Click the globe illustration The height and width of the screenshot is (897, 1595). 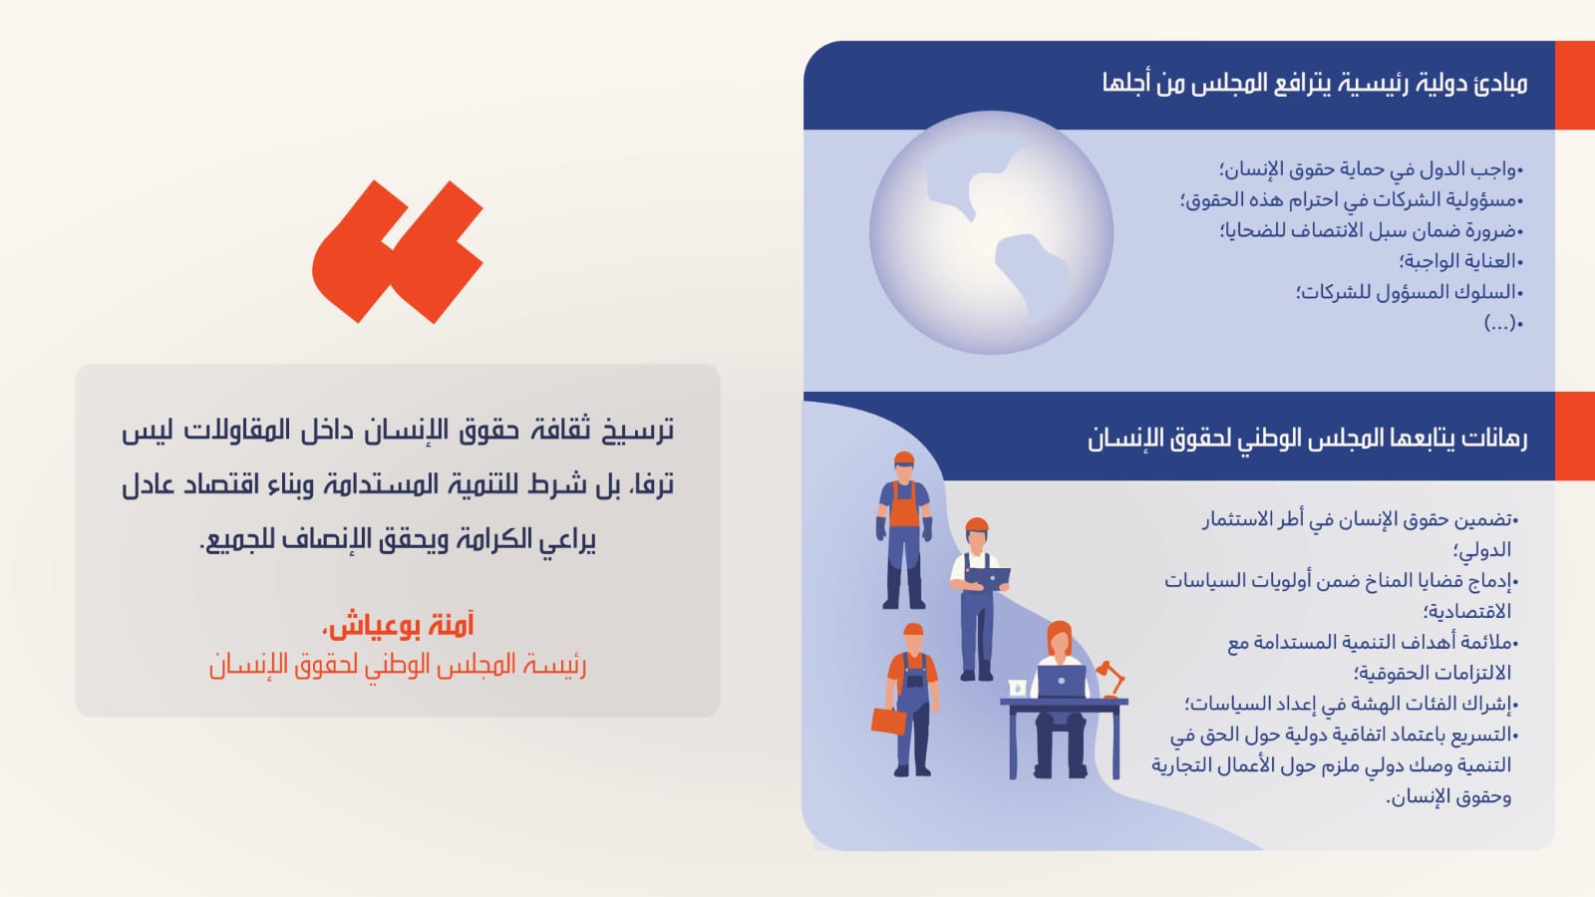(991, 233)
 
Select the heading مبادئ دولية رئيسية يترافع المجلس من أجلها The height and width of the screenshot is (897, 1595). (1315, 84)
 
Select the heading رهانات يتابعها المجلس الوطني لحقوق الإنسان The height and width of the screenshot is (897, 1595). (1307, 439)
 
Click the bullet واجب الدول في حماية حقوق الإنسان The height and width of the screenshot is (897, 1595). (1372, 169)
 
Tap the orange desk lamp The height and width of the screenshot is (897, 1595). (1111, 679)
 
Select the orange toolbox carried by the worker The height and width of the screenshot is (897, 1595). (888, 721)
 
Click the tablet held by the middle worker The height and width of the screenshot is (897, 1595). (990, 577)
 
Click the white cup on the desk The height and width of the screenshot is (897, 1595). (1017, 688)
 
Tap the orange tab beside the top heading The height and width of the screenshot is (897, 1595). (1574, 85)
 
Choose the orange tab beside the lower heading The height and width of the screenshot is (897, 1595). (1574, 436)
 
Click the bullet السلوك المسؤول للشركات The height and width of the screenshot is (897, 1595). (1410, 293)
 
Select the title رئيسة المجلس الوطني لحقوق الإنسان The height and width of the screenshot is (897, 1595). (398, 666)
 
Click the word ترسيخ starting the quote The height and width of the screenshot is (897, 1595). (634, 431)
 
